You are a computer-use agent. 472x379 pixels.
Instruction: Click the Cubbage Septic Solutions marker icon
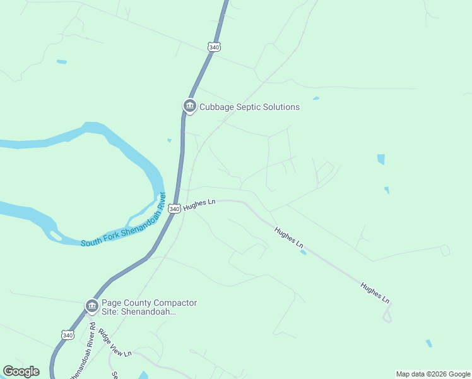click(189, 106)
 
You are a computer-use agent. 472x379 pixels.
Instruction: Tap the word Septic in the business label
click(249, 107)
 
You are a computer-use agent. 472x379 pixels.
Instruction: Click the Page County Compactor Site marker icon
click(92, 306)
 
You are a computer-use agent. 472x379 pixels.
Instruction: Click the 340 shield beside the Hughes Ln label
click(175, 208)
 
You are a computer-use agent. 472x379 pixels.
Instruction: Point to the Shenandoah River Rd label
click(83, 354)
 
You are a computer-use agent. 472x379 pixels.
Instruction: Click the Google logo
click(21, 371)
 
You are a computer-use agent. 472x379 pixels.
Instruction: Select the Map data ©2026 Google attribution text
click(433, 374)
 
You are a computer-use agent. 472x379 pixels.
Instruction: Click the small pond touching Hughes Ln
click(304, 253)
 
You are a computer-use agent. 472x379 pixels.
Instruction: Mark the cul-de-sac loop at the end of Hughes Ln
click(387, 313)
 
